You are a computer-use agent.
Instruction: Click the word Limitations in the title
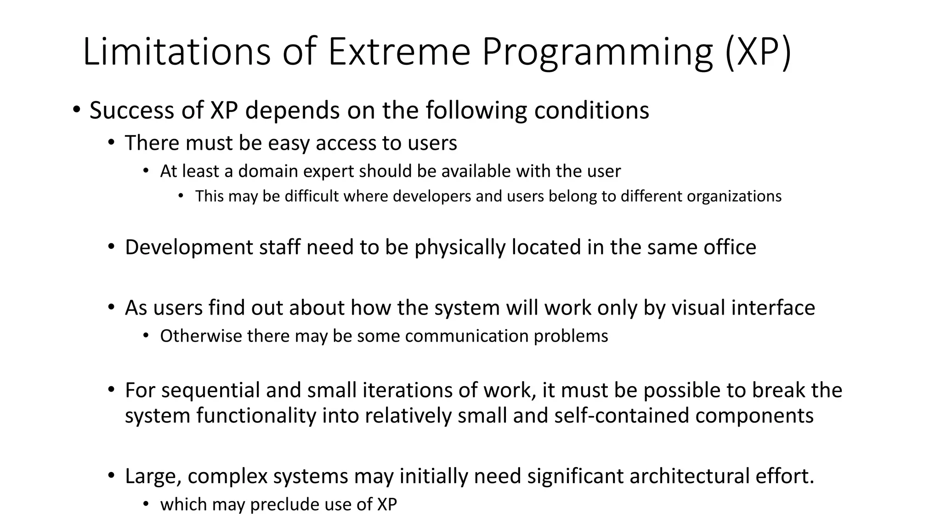coord(176,51)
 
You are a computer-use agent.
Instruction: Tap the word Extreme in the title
coord(399,51)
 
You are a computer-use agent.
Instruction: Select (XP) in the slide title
coord(758,51)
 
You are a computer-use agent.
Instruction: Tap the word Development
coord(188,248)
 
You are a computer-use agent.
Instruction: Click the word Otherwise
coord(200,336)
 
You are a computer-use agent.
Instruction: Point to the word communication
coord(466,336)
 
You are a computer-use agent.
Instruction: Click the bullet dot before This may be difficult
coord(181,197)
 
